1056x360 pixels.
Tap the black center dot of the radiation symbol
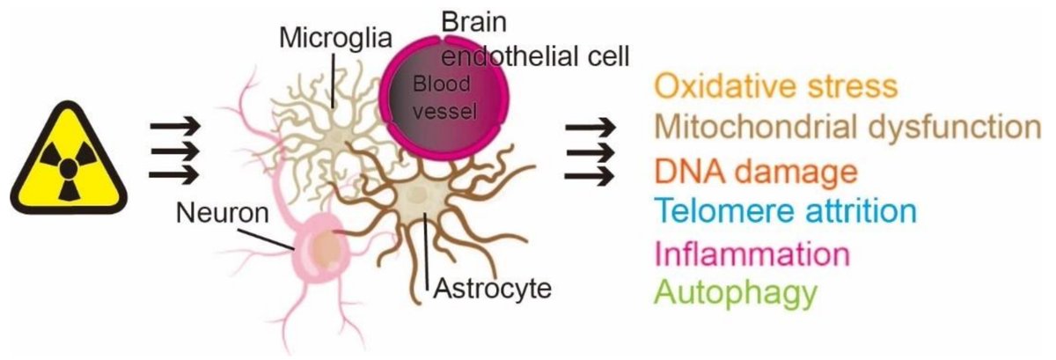pyautogui.click(x=69, y=167)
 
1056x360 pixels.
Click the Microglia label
pyautogui.click(x=335, y=38)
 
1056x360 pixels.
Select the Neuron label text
pyautogui.click(x=222, y=213)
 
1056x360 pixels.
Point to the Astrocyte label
pyautogui.click(x=492, y=289)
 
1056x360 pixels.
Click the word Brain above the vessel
pyautogui.click(x=473, y=22)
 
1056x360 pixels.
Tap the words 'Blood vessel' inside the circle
pyautogui.click(x=444, y=98)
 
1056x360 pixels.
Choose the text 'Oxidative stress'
pyautogui.click(x=776, y=86)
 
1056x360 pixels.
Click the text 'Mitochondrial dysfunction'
pyautogui.click(x=847, y=128)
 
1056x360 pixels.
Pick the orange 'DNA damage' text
pyautogui.click(x=756, y=171)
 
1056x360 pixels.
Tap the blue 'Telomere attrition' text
pyautogui.click(x=785, y=211)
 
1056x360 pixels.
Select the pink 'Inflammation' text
pyautogui.click(x=752, y=253)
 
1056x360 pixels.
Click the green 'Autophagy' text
pyautogui.click(x=736, y=293)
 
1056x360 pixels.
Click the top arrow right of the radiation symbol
pyautogui.click(x=174, y=126)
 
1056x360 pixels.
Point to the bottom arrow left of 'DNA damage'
pyautogui.click(x=590, y=176)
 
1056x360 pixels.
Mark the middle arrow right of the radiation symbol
pyautogui.click(x=174, y=151)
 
